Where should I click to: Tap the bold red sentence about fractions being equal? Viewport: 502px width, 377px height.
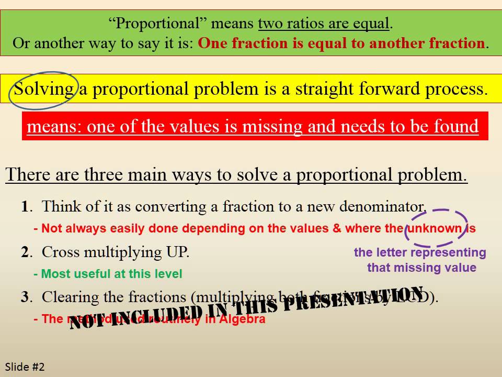click(341, 43)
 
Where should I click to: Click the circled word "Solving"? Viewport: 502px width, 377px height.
click(44, 89)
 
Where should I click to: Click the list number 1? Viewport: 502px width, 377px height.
click(25, 206)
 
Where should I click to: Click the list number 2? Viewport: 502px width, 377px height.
click(25, 252)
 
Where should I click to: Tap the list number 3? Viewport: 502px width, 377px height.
click(25, 297)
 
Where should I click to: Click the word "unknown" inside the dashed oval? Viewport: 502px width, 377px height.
click(434, 229)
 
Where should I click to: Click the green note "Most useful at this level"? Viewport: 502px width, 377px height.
click(108, 274)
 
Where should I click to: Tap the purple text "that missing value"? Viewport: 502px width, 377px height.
click(421, 268)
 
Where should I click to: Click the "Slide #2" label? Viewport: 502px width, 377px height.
click(25, 367)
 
